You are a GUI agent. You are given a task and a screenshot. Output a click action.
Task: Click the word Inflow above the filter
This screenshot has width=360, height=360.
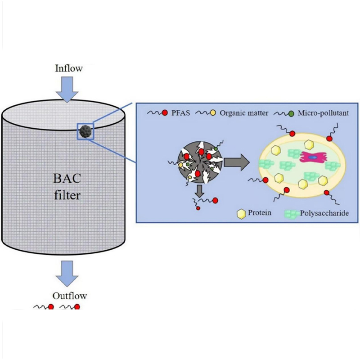point(69,68)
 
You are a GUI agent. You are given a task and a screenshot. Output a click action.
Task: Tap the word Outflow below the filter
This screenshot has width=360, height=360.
point(70,296)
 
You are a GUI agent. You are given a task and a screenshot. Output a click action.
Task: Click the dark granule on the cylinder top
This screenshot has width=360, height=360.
point(85,131)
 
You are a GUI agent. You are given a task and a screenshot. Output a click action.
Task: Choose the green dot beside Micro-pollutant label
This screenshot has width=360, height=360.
point(292,112)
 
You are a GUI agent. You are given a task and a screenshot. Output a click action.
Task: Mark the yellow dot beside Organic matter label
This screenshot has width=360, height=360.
point(212,112)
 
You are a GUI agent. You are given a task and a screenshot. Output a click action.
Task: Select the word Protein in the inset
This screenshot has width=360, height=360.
point(260,212)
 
